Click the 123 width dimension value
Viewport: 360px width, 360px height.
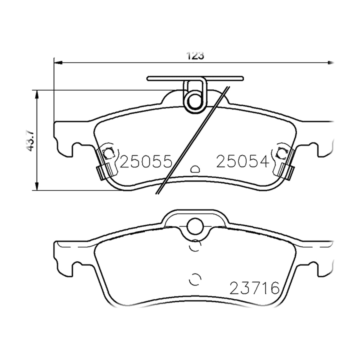[x=195, y=55]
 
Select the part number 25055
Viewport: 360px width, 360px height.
[x=146, y=161]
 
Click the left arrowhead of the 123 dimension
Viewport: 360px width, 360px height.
[x=58, y=63]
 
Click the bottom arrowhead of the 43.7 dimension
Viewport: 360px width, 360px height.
[x=37, y=186]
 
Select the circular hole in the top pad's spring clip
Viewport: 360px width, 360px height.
[x=195, y=101]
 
